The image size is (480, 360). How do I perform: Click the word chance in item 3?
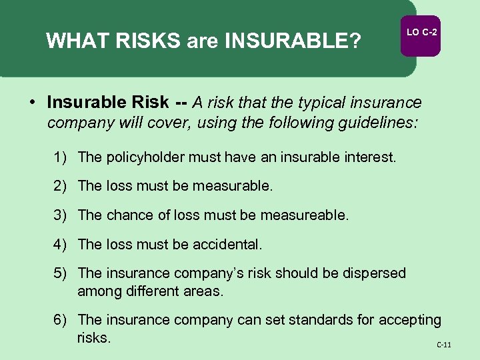point(125,215)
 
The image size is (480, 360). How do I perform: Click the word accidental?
point(228,245)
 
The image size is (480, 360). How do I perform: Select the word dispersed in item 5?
point(373,273)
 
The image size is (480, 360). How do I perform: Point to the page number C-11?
point(444,345)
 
